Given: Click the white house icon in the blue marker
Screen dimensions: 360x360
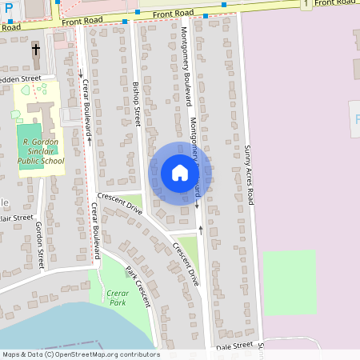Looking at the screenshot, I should coord(180,173).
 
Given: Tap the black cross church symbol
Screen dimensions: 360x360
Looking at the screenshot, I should coord(36,50).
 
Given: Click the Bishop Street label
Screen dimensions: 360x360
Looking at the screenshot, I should coord(137,103).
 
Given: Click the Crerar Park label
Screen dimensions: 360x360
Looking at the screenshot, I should coord(118,298).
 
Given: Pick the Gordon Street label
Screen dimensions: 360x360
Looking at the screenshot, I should coord(39,249).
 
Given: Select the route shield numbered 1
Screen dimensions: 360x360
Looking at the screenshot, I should coord(306,5).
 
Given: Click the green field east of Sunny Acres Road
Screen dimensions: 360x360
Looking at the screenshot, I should coord(289,282).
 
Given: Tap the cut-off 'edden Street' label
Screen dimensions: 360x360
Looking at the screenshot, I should coord(20,79).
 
